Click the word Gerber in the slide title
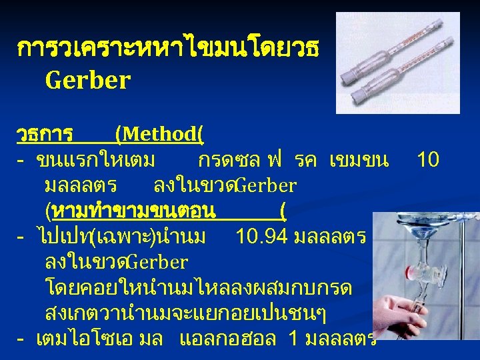tap(87, 80)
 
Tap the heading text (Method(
tap(159, 134)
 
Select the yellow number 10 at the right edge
tap(427, 159)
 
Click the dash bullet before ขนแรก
tap(21, 161)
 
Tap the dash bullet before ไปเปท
tap(21, 237)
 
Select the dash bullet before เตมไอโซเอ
tap(21, 339)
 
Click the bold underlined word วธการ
tap(45, 134)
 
